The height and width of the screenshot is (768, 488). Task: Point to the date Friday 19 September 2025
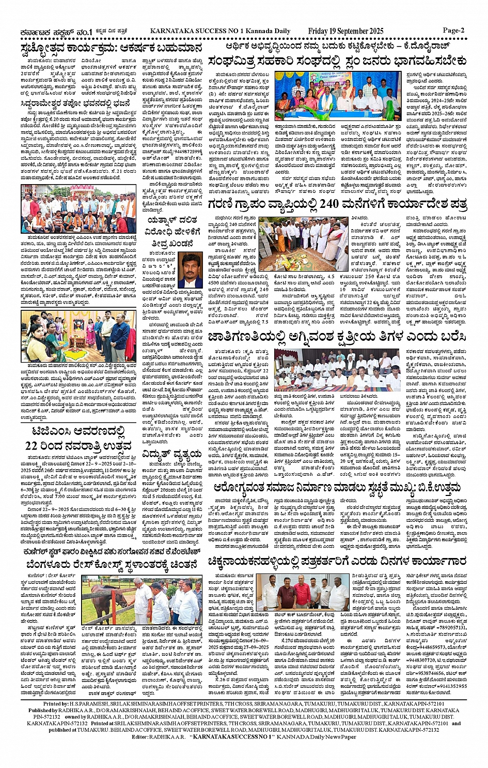tap(354, 31)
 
